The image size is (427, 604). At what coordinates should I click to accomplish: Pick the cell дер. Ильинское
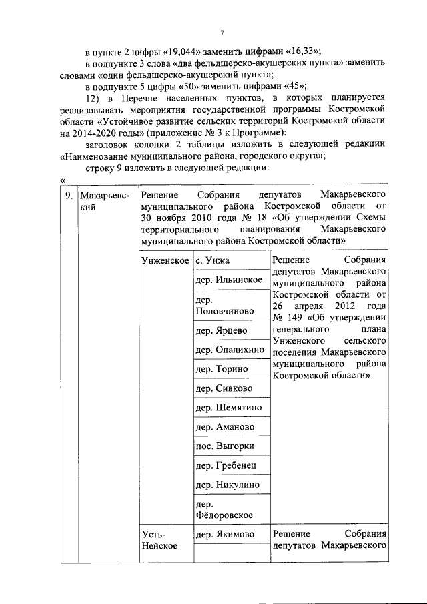[x=228, y=280]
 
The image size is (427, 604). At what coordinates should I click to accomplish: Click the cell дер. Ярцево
[x=221, y=330]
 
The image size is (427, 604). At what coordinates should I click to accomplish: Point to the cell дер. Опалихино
[x=228, y=350]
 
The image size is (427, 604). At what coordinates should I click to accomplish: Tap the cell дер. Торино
[x=221, y=369]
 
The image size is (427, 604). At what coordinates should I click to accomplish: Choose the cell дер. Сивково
[x=223, y=388]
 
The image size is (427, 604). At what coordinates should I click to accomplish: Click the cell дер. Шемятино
[x=228, y=408]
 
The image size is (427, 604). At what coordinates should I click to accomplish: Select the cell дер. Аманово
[x=224, y=427]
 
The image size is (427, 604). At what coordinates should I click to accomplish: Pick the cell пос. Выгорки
[x=224, y=446]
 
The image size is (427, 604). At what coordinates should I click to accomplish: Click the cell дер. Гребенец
[x=225, y=465]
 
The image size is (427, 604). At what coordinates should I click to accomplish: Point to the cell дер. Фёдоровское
[x=224, y=509]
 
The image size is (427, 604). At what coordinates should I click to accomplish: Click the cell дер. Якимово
[x=225, y=534]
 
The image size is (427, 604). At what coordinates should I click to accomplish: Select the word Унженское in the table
[x=165, y=261]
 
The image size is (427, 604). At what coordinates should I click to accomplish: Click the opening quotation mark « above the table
[x=62, y=179]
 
